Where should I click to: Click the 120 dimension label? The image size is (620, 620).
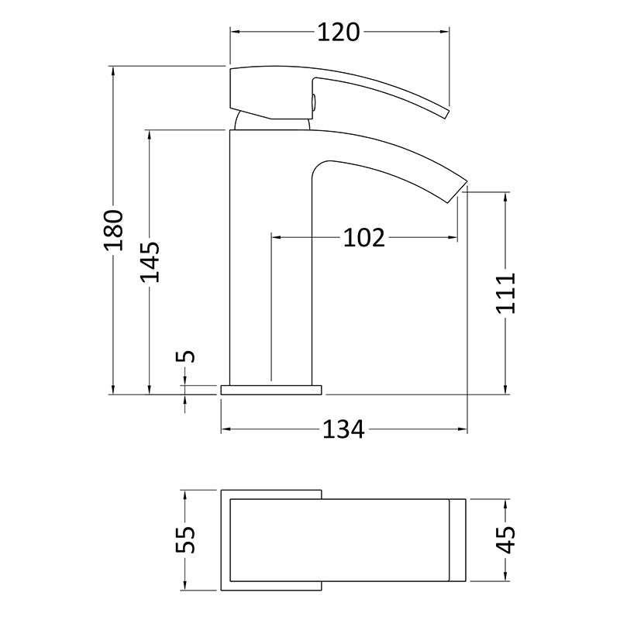click(339, 33)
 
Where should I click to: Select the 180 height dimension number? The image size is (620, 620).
click(114, 230)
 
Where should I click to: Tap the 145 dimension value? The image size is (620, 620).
click(150, 262)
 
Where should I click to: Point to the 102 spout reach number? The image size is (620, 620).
click(363, 238)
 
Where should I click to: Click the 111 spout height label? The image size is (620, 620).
click(506, 293)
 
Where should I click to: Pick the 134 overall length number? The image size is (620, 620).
click(343, 430)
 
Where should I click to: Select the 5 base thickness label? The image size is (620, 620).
click(185, 356)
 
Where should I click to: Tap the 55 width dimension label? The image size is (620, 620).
click(185, 539)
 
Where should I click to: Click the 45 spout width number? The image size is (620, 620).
click(506, 539)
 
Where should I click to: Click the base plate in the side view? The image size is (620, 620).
click(271, 390)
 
